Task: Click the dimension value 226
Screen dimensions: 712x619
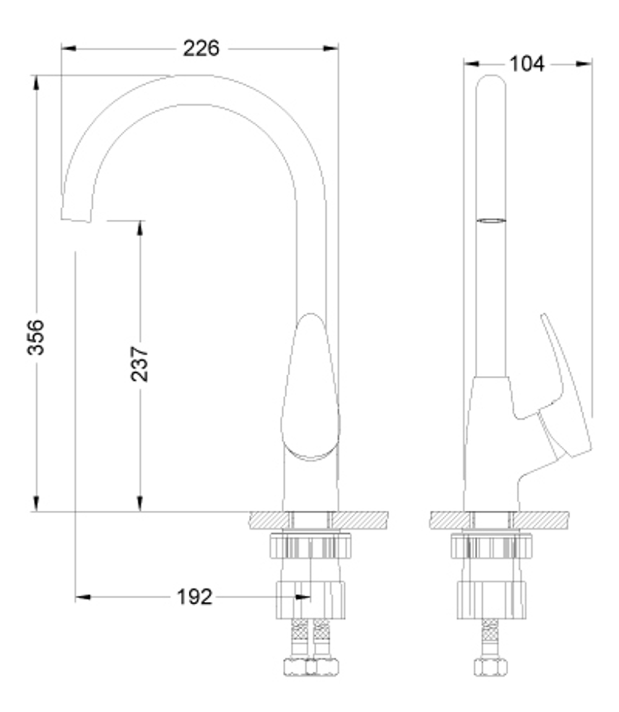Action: pos(201,48)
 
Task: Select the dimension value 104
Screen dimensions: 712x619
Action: pos(527,63)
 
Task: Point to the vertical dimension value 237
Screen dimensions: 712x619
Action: pos(140,364)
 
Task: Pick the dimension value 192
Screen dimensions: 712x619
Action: pos(194,597)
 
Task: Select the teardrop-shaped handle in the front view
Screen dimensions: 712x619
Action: pos(310,390)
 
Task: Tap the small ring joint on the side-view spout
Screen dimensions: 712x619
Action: pos(491,220)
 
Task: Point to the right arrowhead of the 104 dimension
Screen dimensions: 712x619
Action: pos(584,63)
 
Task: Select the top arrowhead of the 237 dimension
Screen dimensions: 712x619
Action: pos(140,228)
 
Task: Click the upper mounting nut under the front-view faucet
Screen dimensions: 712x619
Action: pos(310,545)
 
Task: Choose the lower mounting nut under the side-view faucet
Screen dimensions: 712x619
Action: pos(491,599)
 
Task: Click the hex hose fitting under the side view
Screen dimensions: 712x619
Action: pos(491,666)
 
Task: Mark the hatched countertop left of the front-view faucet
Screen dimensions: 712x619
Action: pos(266,520)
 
